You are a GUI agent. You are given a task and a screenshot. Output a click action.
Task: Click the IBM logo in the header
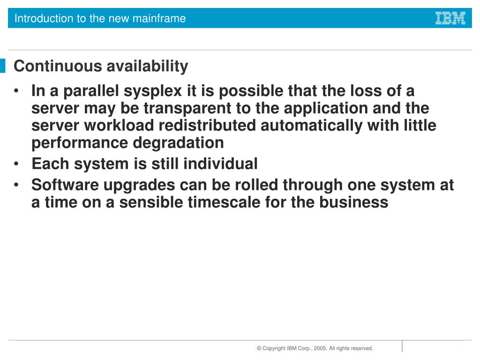click(x=450, y=18)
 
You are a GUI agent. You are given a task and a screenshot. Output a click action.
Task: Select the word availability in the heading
click(x=147, y=66)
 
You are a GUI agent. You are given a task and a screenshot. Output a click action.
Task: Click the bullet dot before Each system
click(x=17, y=165)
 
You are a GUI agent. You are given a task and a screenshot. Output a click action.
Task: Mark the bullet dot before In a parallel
click(x=17, y=91)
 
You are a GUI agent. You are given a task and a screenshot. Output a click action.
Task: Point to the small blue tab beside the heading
click(x=3, y=66)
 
